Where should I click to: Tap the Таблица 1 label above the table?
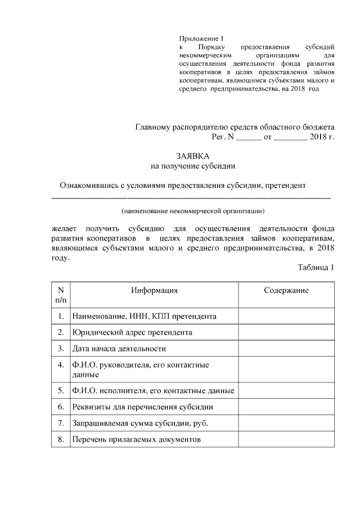(316, 267)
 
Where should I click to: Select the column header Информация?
(154, 290)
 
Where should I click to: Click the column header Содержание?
(286, 290)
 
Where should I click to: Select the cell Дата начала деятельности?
(119, 349)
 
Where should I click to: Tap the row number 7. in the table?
(60, 422)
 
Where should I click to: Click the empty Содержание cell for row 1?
(286, 317)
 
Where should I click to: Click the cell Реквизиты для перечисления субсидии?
(142, 406)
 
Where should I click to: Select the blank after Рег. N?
(248, 137)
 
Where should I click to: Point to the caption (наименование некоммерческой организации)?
(192, 211)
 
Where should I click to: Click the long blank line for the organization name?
(191, 198)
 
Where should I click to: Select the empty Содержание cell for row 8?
(286, 439)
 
